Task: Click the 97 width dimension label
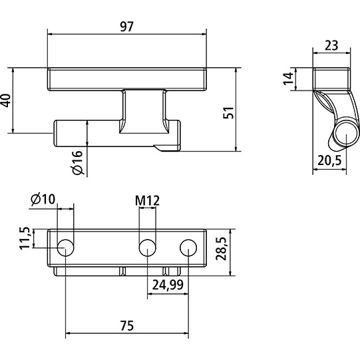tap(127, 27)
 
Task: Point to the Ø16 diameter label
tap(78, 162)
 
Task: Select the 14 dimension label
tap(288, 79)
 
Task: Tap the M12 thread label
tap(147, 199)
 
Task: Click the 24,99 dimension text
tap(168, 285)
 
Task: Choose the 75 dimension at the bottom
tap(127, 325)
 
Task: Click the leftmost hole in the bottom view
tap(66, 248)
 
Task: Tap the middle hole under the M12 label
tap(147, 248)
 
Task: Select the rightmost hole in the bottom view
tap(189, 248)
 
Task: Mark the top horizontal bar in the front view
tap(127, 79)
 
